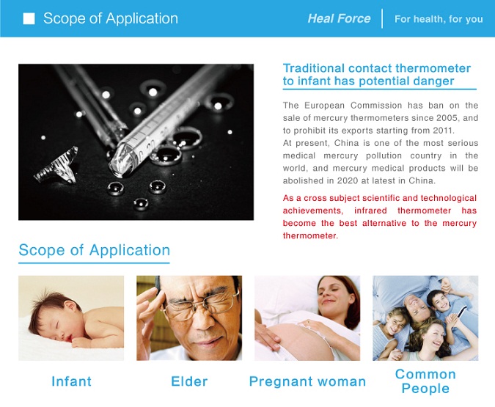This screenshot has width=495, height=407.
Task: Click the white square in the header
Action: tap(29, 18)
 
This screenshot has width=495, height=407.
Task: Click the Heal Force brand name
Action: tap(339, 18)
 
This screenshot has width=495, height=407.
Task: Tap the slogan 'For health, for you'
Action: tap(439, 19)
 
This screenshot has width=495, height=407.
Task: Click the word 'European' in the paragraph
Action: tap(322, 105)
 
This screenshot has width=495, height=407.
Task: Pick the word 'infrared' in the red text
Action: tap(370, 210)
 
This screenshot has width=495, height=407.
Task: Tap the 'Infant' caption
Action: tap(71, 381)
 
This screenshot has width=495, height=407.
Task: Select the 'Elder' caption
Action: tap(189, 381)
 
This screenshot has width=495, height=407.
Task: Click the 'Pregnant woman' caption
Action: tap(307, 382)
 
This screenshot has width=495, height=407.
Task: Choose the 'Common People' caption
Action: tap(425, 381)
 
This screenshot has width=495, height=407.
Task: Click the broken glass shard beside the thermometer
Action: tap(56, 166)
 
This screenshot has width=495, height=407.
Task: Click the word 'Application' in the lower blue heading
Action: tap(130, 251)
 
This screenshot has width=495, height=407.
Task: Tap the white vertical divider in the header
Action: tap(382, 18)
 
